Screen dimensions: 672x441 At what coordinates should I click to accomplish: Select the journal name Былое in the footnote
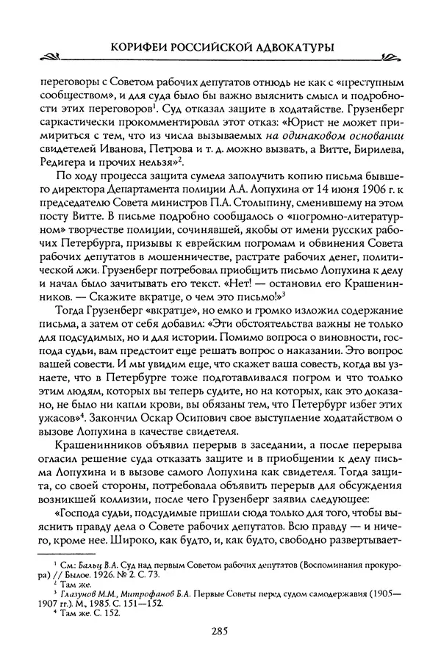point(93,574)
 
